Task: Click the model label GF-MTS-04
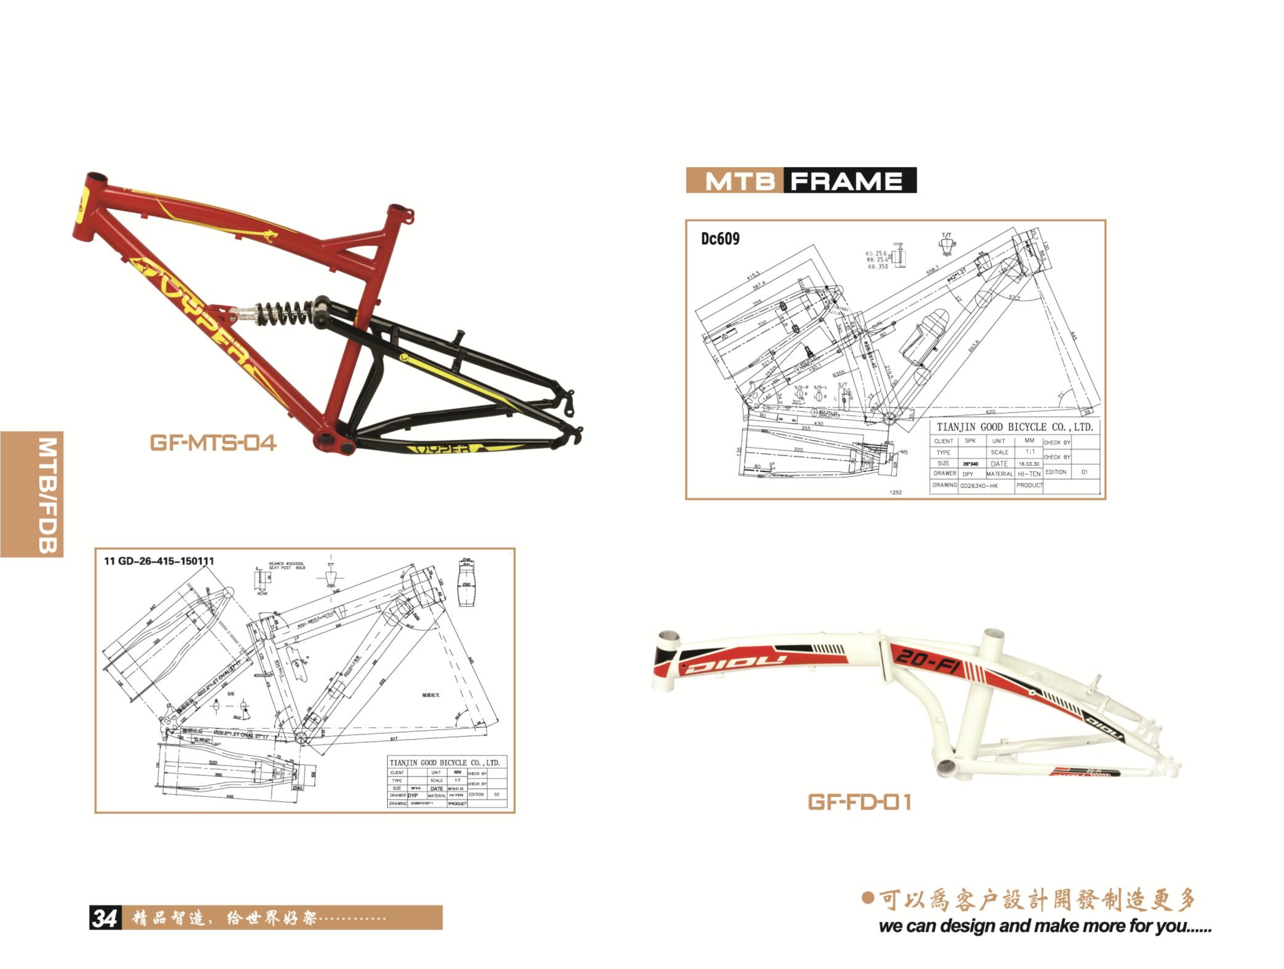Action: click(x=213, y=443)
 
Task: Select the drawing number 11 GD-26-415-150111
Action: click(x=158, y=561)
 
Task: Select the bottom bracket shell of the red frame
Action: click(x=335, y=442)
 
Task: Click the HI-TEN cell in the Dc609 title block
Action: click(x=1028, y=474)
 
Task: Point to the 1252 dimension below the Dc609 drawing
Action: click(x=896, y=492)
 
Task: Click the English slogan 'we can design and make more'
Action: click(x=1045, y=926)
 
